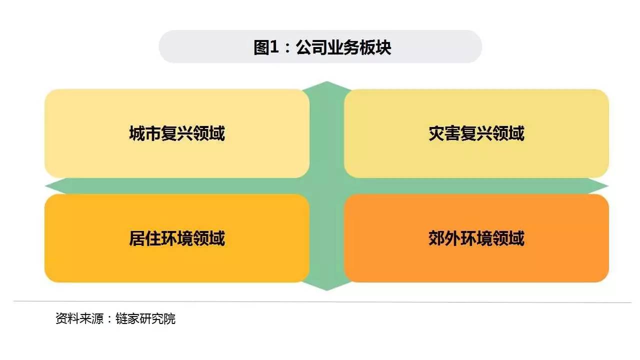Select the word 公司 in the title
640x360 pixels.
pyautogui.click(x=311, y=47)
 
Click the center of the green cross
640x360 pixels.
pyautogui.click(x=326, y=186)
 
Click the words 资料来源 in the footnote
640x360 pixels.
pyautogui.click(x=79, y=319)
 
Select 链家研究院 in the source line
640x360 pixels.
pyautogui.click(x=145, y=319)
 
